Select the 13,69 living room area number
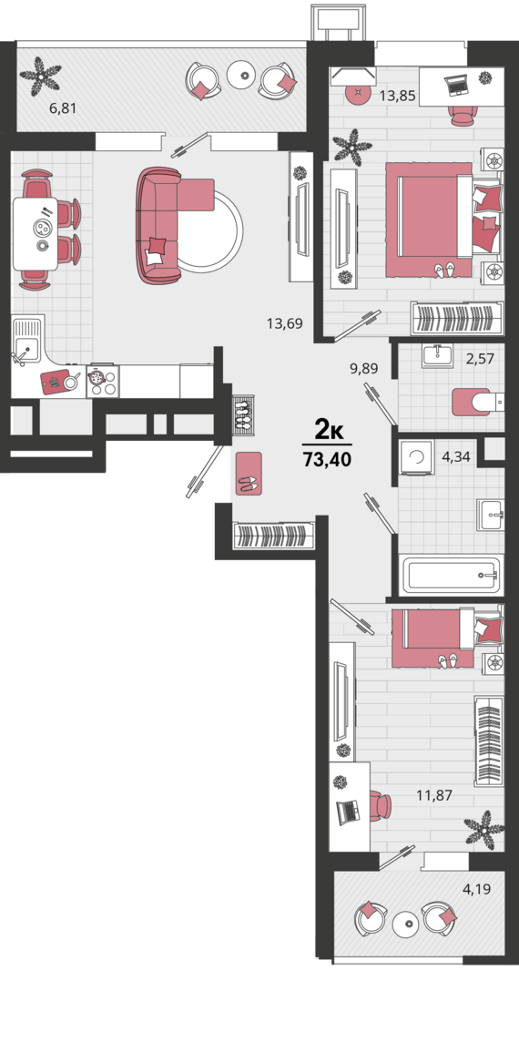click(x=284, y=322)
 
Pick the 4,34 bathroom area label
click(x=456, y=455)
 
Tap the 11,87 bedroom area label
click(x=434, y=795)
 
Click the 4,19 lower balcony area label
click(x=475, y=888)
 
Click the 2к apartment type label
click(x=327, y=428)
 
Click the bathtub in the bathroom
click(x=451, y=575)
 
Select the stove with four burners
click(x=101, y=381)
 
